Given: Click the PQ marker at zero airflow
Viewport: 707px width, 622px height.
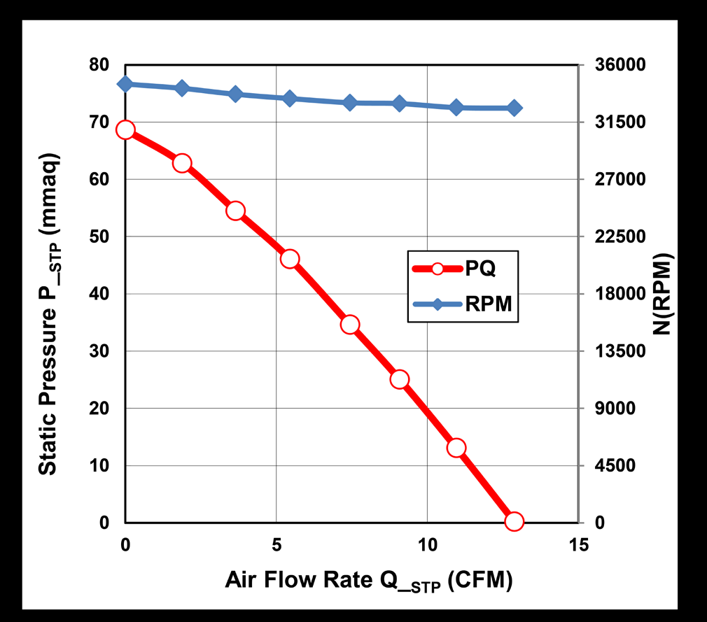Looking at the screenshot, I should [125, 129].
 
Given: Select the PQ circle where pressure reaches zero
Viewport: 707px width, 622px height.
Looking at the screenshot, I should [514, 521].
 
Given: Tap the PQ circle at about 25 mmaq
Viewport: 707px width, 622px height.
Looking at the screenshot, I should [400, 379].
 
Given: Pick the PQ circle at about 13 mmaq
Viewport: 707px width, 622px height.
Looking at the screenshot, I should [456, 448].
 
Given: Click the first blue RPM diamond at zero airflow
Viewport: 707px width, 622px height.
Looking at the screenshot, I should [125, 84].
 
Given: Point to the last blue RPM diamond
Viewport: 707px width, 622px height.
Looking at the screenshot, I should [514, 108].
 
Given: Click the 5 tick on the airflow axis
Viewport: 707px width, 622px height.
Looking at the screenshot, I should [276, 544].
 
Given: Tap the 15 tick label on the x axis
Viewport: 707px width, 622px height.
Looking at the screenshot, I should [577, 544].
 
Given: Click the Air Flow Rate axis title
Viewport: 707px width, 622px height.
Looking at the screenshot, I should [368, 581].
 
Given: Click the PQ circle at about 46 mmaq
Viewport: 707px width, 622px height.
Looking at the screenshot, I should [290, 259].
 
